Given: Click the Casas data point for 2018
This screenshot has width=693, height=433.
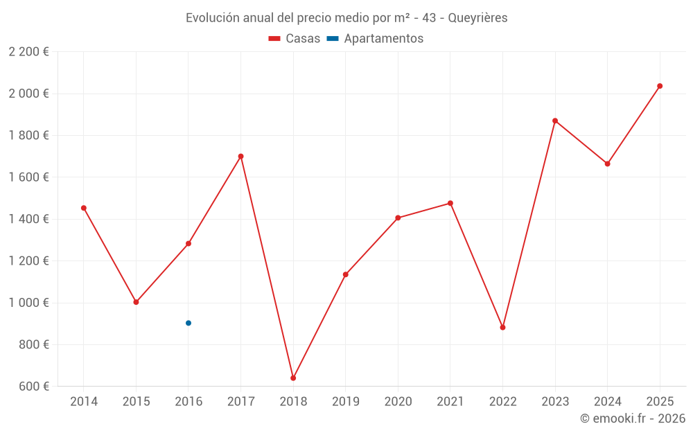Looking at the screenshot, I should (293, 378).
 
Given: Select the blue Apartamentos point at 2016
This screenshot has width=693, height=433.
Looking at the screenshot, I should (188, 323).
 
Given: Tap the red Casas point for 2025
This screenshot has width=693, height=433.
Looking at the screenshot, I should (660, 86).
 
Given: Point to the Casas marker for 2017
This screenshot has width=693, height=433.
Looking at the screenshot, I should (240, 157).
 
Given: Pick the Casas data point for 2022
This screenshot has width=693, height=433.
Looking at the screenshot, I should (502, 328).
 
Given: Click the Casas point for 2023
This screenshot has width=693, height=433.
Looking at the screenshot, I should (555, 121).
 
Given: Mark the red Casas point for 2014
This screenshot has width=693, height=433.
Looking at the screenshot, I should (84, 208).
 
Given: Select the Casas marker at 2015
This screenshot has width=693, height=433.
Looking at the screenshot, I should (136, 302).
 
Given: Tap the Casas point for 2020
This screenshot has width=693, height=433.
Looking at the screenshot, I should (398, 218).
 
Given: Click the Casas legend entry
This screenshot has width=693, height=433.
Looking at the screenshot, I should (295, 39).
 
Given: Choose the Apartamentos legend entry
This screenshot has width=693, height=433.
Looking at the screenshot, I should (375, 39).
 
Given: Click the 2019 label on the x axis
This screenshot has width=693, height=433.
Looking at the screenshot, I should (345, 402).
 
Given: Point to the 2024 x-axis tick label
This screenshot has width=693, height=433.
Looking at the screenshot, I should (607, 402).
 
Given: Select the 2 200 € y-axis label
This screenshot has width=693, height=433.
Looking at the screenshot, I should (29, 52).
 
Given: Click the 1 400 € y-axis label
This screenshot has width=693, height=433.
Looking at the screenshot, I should (29, 219).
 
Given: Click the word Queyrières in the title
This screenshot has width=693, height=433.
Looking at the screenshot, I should (477, 18).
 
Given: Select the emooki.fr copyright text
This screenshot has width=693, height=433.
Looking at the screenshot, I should (632, 418).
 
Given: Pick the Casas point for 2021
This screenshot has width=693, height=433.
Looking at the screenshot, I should (450, 204).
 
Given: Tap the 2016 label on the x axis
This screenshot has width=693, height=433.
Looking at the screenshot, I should (188, 402).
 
